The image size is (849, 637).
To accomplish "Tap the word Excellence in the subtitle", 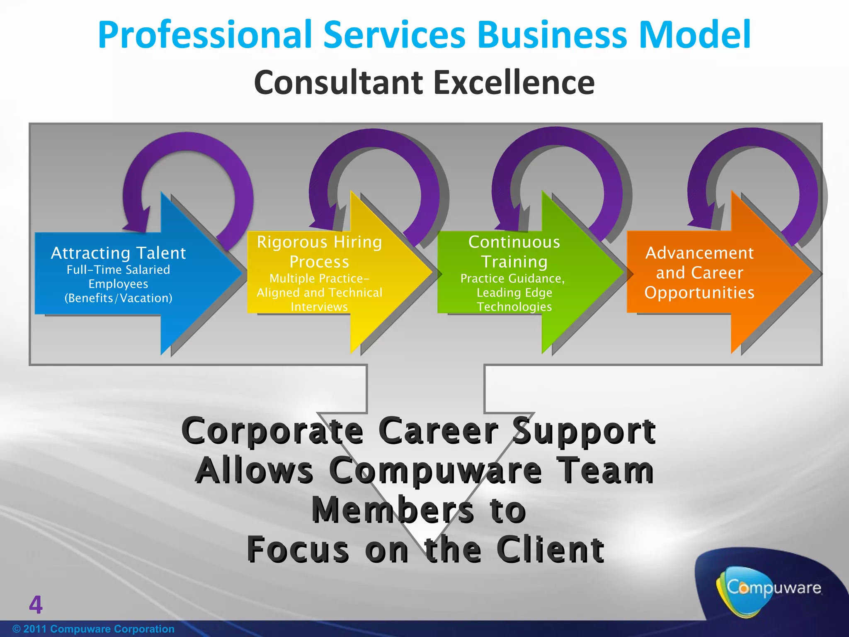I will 514,83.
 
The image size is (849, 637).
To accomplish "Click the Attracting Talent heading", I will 119,253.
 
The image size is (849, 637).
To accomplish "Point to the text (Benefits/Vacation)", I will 119,298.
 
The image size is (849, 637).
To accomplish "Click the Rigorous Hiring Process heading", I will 319,252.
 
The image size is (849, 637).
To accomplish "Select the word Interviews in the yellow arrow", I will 319,307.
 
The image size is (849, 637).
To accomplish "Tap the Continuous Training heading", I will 514,252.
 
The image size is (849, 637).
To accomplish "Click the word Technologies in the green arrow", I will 514,307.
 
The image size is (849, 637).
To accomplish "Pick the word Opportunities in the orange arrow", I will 699,293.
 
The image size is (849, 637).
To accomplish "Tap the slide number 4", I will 36,605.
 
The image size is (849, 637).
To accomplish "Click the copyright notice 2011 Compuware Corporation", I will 94,629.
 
